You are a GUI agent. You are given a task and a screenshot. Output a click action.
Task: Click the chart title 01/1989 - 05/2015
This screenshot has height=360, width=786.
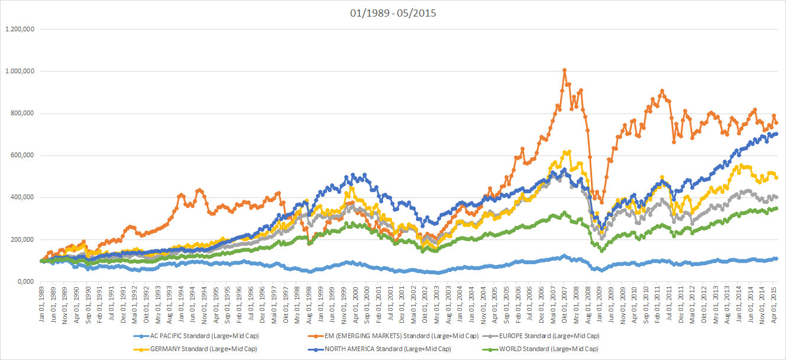coord(393,12)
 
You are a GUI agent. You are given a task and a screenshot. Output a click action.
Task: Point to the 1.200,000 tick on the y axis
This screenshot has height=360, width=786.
coord(20,29)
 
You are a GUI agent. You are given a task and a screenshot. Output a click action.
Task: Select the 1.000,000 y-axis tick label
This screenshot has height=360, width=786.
coord(20,71)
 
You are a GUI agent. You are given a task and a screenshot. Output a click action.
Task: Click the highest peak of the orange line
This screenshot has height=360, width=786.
coord(564,70)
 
